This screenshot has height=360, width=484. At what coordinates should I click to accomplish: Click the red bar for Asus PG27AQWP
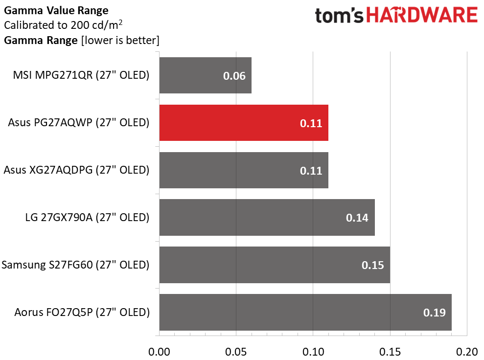pyautogui.click(x=243, y=123)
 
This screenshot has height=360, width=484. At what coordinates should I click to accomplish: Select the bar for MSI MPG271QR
pyautogui.click(x=205, y=75)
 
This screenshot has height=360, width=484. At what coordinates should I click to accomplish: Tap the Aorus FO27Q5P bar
pyautogui.click(x=305, y=312)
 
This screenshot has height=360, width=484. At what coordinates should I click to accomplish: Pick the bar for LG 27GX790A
pyautogui.click(x=267, y=217)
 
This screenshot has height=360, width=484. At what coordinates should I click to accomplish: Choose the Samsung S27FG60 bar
pyautogui.click(x=274, y=265)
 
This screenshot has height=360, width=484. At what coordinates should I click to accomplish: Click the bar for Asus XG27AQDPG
pyautogui.click(x=243, y=170)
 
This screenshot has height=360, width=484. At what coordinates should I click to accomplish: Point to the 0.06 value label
pyautogui.click(x=234, y=76)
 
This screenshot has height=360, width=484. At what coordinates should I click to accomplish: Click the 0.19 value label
pyautogui.click(x=434, y=313)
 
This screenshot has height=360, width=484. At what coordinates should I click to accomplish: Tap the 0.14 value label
pyautogui.click(x=357, y=218)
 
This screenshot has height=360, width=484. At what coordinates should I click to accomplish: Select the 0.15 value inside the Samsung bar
pyautogui.click(x=372, y=265)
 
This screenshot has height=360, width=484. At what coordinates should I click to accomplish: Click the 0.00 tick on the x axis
pyautogui.click(x=159, y=351)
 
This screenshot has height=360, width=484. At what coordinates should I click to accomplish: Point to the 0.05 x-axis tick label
pyautogui.click(x=236, y=351)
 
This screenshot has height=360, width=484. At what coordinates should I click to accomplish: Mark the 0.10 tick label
pyautogui.click(x=313, y=351)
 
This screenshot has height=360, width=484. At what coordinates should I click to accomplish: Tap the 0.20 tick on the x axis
pyautogui.click(x=467, y=351)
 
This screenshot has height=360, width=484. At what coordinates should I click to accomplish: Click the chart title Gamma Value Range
pyautogui.click(x=56, y=10)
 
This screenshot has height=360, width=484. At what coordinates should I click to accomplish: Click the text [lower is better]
pyautogui.click(x=120, y=41)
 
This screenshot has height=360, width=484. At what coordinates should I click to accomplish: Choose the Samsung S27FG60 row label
pyautogui.click(x=75, y=265)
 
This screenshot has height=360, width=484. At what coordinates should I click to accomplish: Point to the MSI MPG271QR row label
pyautogui.click(x=81, y=76)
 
